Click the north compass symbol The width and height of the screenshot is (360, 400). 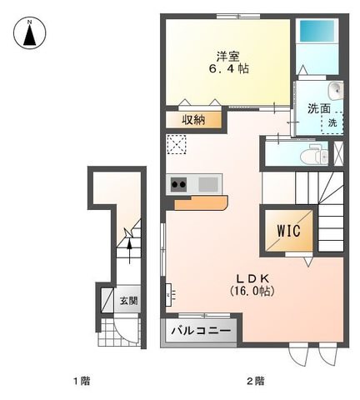[x=30, y=33]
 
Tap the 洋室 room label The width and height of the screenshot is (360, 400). [x=228, y=57]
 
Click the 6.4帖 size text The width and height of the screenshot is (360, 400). [x=228, y=68]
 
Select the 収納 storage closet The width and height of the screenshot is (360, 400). [x=193, y=120]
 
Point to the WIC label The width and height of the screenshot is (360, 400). [x=288, y=231]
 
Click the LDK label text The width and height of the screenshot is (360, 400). [x=252, y=277]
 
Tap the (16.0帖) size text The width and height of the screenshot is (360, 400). [x=252, y=291]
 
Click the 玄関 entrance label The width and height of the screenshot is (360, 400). [x=128, y=301]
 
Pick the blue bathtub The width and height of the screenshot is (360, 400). [x=317, y=31]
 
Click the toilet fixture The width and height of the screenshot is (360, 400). [x=314, y=156]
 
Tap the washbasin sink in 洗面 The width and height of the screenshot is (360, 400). [x=336, y=91]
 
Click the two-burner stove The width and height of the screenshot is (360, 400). [x=178, y=184]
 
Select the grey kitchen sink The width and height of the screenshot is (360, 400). [x=208, y=184]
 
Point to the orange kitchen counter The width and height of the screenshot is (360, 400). [x=201, y=203]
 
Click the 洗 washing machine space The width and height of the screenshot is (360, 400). [x=332, y=122]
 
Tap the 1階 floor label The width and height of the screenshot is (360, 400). [x=82, y=381]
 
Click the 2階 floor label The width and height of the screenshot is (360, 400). [x=256, y=381]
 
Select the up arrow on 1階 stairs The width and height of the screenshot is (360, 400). [x=129, y=251]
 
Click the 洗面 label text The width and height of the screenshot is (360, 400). [x=318, y=108]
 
